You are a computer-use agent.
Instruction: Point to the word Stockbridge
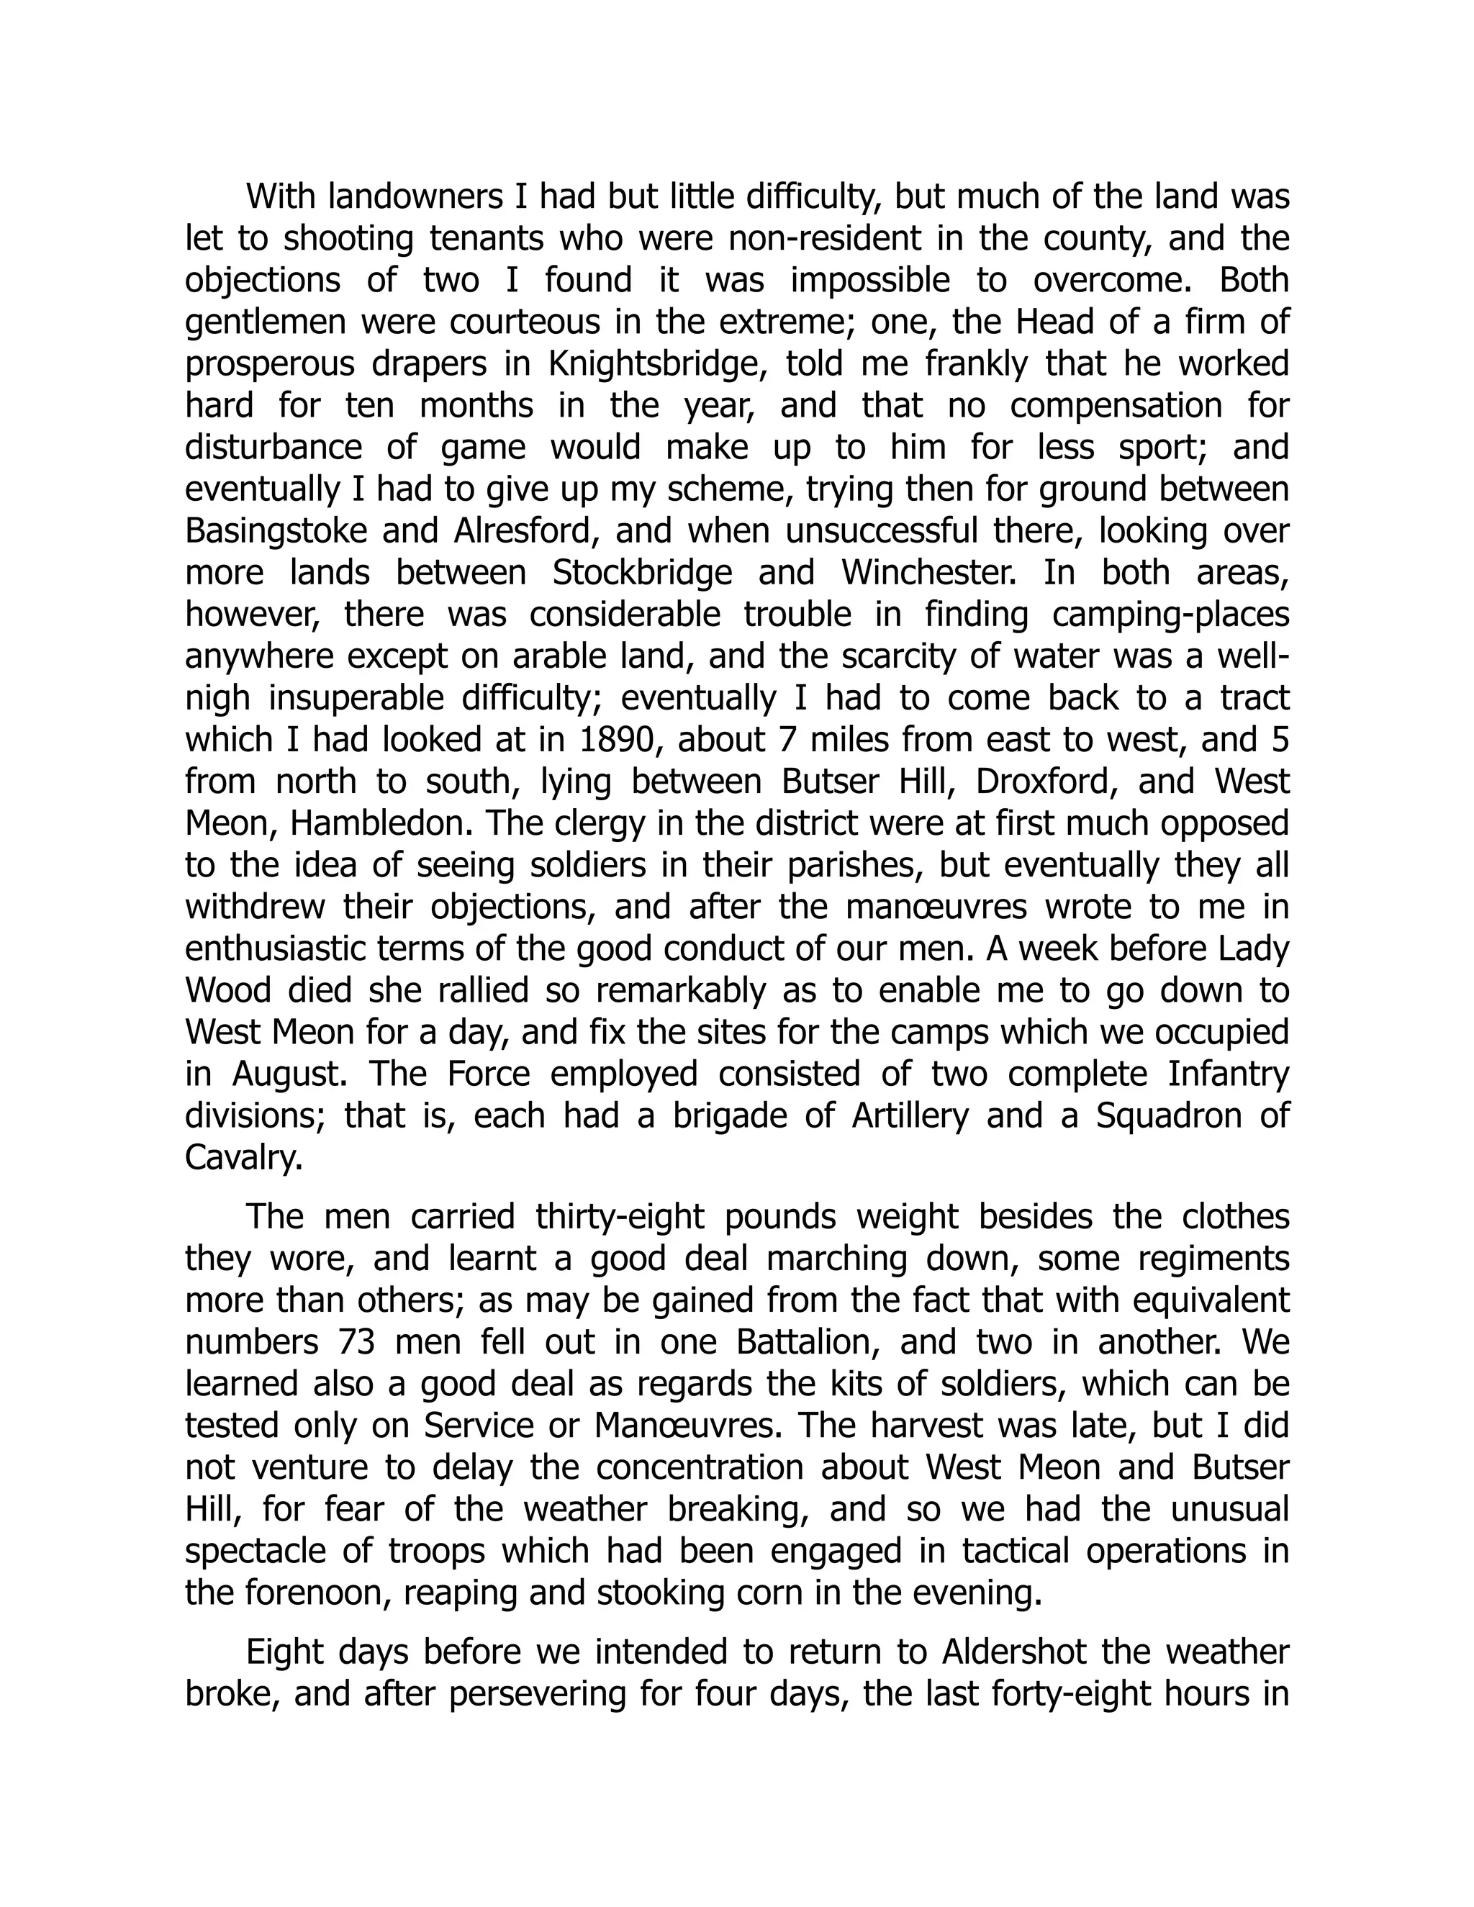(x=643, y=574)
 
